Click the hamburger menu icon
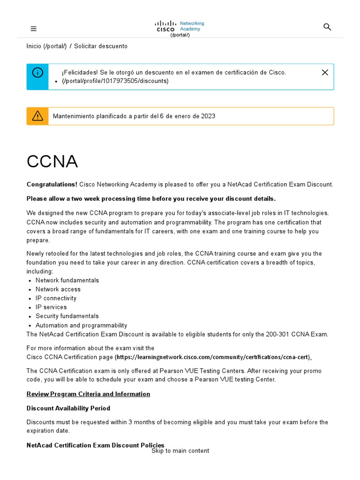click(x=33, y=29)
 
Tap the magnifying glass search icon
click(x=327, y=27)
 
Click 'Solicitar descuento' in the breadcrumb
click(x=100, y=46)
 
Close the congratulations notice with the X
click(x=325, y=72)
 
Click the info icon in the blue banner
click(x=37, y=73)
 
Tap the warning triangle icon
click(x=37, y=116)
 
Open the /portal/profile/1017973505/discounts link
click(x=115, y=81)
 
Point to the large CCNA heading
click(x=52, y=162)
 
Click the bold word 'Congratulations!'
click(x=52, y=185)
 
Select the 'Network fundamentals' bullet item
click(x=67, y=280)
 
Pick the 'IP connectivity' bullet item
click(x=56, y=298)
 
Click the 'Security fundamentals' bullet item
click(x=67, y=316)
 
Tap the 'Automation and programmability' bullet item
click(x=81, y=325)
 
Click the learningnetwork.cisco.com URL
click(x=213, y=357)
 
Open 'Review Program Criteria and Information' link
click(x=88, y=394)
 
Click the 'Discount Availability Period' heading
click(x=68, y=408)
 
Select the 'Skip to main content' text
click(x=180, y=451)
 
